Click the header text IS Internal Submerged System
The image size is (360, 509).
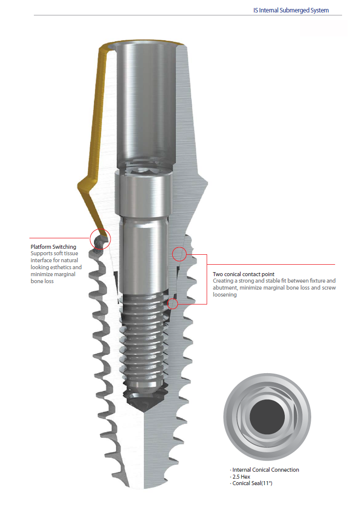click(x=291, y=10)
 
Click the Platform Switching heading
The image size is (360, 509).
click(x=53, y=247)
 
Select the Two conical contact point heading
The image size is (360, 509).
click(x=243, y=274)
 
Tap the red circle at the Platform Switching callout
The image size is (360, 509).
click(x=100, y=239)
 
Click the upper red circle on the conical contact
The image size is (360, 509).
click(x=179, y=254)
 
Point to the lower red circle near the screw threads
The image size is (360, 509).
click(x=172, y=303)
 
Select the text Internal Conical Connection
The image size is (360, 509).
click(x=265, y=470)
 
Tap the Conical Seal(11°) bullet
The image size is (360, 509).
click(x=253, y=484)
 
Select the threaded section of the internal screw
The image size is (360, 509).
click(x=144, y=338)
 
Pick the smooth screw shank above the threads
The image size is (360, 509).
click(x=143, y=259)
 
